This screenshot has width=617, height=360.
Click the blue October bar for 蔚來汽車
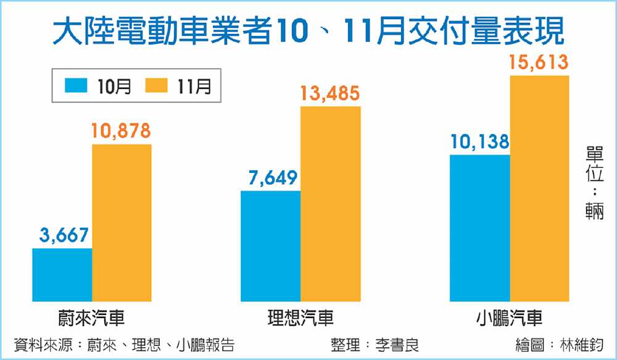click(x=62, y=275)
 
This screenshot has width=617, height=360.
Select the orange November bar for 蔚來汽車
click(x=122, y=222)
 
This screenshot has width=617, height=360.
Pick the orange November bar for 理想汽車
click(x=330, y=204)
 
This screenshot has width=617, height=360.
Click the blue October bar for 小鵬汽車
click(x=480, y=228)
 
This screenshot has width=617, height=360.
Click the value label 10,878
click(x=122, y=131)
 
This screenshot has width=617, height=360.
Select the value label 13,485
click(x=330, y=94)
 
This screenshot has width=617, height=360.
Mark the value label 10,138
click(x=479, y=142)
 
